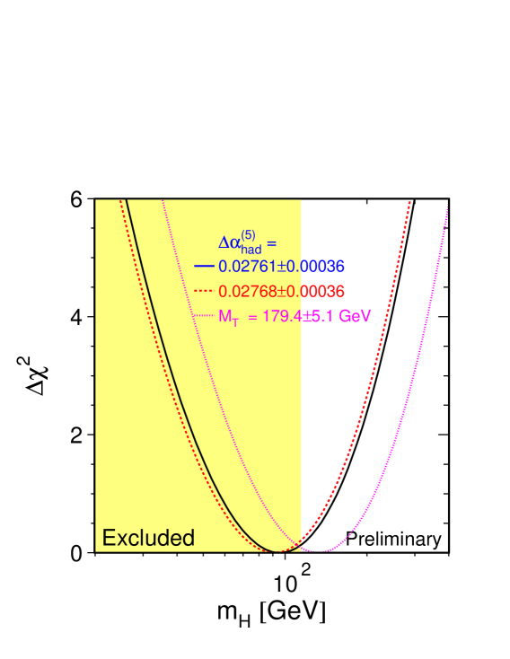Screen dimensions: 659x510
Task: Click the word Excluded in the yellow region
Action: click(148, 538)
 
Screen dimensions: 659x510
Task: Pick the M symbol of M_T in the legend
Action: click(225, 316)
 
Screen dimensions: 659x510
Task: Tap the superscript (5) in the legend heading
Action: click(248, 235)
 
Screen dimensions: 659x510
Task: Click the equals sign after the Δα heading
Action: click(271, 242)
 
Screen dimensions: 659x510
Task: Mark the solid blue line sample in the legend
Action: click(204, 267)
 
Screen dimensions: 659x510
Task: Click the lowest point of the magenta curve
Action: click(320, 550)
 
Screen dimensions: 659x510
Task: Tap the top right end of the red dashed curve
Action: click(409, 201)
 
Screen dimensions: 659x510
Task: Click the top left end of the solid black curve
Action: click(126, 200)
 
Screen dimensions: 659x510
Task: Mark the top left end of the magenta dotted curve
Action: click(162, 200)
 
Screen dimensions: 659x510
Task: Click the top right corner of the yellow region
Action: click(301, 200)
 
